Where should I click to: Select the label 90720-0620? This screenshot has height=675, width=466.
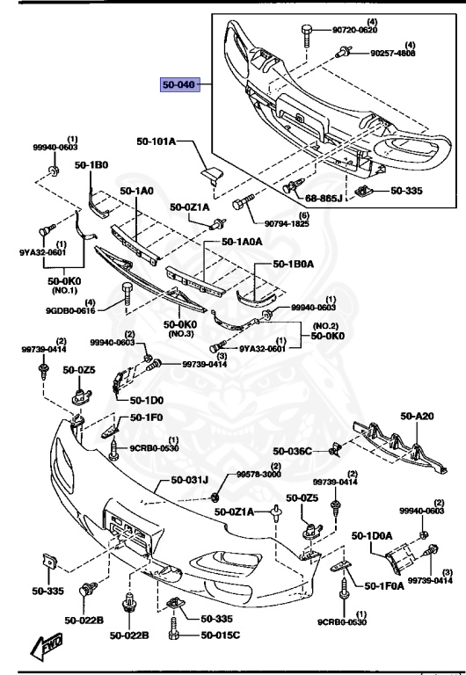point(354,30)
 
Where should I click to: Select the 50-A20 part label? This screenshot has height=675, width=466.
point(419,416)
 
